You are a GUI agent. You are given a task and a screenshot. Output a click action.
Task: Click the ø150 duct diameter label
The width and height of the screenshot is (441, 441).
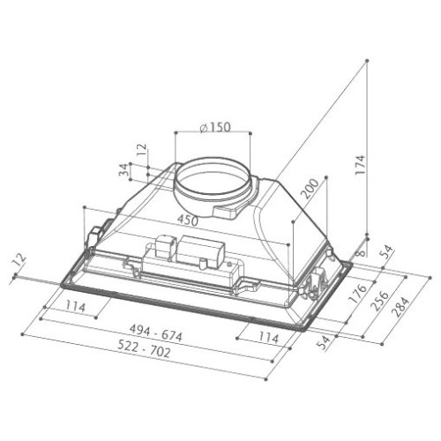point(215,127)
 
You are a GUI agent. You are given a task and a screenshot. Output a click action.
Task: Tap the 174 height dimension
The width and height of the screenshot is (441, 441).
point(360,165)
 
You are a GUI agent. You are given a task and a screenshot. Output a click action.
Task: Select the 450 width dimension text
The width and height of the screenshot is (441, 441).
point(188,220)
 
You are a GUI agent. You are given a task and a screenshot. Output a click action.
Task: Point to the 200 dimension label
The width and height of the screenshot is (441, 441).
point(310,189)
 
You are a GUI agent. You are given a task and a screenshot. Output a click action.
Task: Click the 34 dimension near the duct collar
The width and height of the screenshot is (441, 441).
point(124,170)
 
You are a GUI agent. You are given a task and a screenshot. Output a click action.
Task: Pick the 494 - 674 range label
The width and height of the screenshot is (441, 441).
point(156,333)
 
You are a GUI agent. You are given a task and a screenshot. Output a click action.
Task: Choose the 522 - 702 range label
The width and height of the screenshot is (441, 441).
point(144,348)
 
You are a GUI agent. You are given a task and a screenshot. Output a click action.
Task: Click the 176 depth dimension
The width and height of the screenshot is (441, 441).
point(358,294)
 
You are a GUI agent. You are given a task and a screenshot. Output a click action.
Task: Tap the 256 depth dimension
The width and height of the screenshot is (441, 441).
point(379,301)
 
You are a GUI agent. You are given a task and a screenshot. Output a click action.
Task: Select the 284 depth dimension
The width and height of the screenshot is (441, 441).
point(400,307)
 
